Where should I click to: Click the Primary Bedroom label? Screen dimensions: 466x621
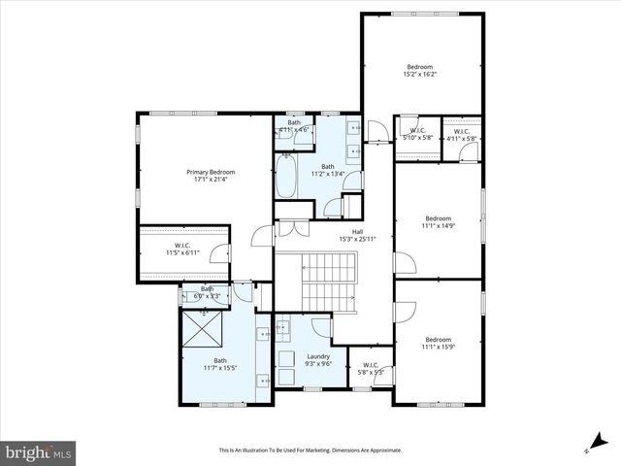(211, 172)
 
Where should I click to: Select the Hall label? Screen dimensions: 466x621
(357, 232)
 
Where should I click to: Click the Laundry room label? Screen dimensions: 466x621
(318, 356)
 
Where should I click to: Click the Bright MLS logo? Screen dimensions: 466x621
(39, 451)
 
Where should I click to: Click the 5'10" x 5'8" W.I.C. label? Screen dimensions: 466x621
(417, 134)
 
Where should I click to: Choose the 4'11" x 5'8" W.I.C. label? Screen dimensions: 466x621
(461, 134)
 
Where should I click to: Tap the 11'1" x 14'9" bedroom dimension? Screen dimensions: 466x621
(439, 225)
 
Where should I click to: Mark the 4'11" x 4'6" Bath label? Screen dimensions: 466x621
(294, 125)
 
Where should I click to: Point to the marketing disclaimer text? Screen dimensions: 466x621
(310, 450)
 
